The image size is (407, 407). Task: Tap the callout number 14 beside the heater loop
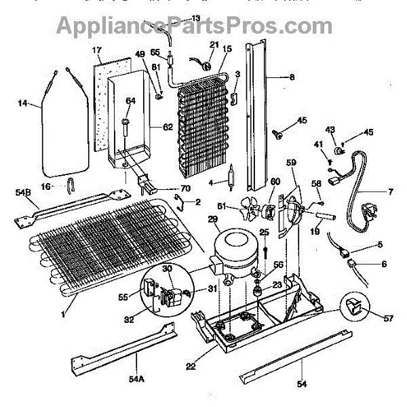(x=24, y=104)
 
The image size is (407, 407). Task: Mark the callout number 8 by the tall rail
(x=292, y=77)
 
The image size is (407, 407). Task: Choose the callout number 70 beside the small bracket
(x=166, y=189)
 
